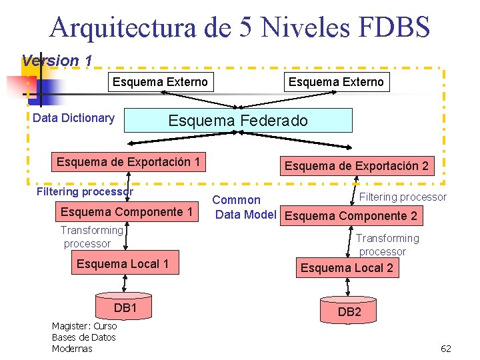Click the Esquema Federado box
[238, 121]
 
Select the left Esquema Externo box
[160, 82]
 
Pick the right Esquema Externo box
[336, 82]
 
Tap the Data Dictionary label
[73, 118]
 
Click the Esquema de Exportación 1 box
[129, 162]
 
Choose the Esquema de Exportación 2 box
[357, 166]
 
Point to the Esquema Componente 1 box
[127, 212]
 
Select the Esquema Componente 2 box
[351, 216]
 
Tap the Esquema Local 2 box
[347, 268]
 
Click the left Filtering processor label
[85, 192]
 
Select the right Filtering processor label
[403, 197]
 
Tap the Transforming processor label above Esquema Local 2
[386, 245]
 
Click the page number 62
[446, 349]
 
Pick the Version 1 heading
[57, 60]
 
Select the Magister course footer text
[84, 337]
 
